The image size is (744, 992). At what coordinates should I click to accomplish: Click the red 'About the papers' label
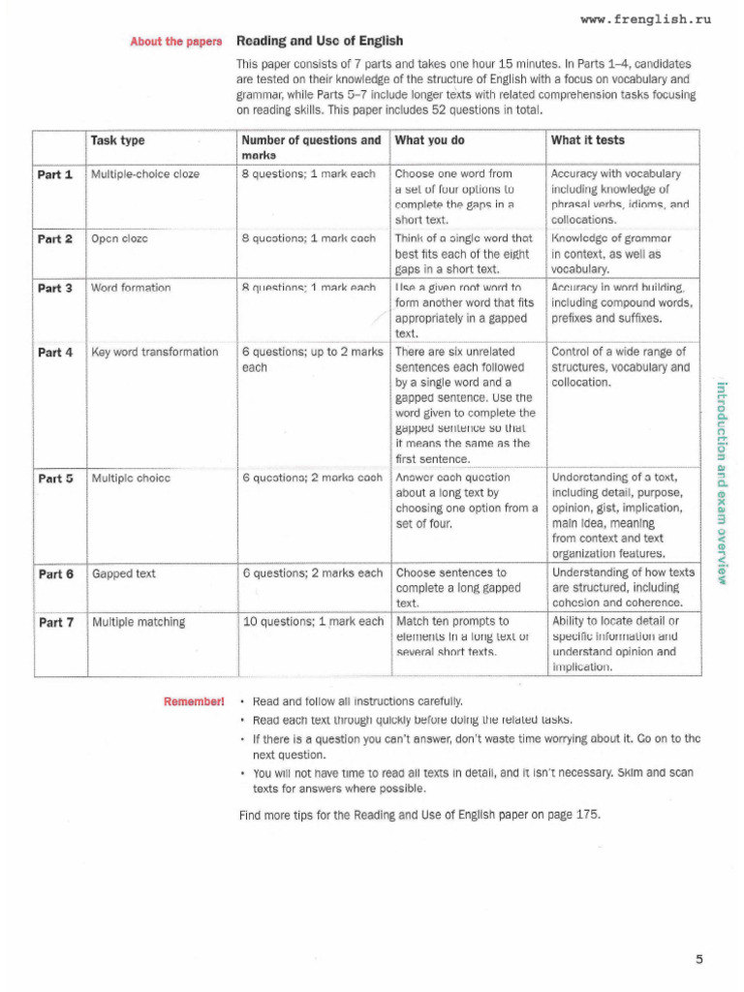(x=176, y=42)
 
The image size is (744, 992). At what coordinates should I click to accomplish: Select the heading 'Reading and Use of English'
(x=320, y=42)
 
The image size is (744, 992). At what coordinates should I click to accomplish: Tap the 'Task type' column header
(x=117, y=140)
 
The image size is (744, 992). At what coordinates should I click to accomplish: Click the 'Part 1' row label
(x=55, y=174)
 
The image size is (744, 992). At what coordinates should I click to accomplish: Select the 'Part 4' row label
(x=55, y=353)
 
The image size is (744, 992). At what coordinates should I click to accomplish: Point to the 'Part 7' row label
(x=55, y=622)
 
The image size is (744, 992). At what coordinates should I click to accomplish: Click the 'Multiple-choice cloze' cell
(x=145, y=174)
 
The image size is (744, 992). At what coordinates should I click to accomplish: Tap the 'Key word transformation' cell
(x=155, y=353)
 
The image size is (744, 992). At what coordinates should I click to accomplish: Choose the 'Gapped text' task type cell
(x=123, y=573)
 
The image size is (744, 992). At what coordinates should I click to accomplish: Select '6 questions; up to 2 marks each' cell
(x=312, y=359)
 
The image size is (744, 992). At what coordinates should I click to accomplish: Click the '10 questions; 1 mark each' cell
(x=312, y=622)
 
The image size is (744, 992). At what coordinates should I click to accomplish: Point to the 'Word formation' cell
(x=131, y=289)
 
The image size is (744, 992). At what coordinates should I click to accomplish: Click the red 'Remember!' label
(x=195, y=700)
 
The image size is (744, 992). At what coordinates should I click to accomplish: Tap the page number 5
(x=698, y=959)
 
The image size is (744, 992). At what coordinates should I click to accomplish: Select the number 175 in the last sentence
(x=587, y=815)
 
